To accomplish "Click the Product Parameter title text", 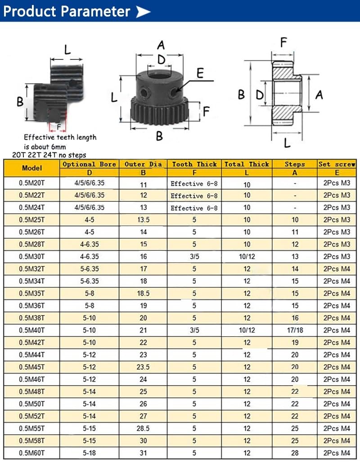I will click(67, 11).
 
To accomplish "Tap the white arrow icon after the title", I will click(143, 12).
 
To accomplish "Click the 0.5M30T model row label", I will click(32, 257).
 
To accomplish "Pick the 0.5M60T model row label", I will click(32, 453).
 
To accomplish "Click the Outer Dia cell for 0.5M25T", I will click(143, 220).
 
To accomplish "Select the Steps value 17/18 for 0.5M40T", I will click(295, 330).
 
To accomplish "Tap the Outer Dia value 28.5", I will click(143, 428).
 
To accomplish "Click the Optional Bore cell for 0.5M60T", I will click(90, 453).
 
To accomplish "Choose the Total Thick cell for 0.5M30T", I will click(247, 257).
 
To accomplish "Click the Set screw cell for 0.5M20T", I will click(337, 183).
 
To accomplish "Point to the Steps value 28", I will click(295, 453).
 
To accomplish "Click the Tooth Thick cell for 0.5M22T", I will click(194, 196).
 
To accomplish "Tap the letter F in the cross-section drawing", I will click(283, 43).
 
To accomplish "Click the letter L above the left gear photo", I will click(67, 49).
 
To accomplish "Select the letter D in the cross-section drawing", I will click(260, 95).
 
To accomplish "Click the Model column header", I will click(32, 168).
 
